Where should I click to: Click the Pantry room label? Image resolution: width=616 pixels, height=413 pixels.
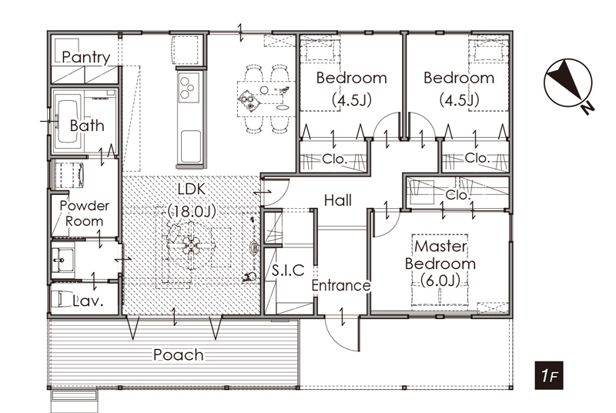point(86,57)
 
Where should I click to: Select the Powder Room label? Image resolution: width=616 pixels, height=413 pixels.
point(85,213)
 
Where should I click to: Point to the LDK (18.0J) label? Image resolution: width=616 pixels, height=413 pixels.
point(192,200)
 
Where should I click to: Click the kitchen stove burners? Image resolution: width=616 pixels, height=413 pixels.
point(189,88)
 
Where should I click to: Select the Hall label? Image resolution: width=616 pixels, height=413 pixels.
point(338,200)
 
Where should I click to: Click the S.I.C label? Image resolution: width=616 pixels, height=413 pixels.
point(288,270)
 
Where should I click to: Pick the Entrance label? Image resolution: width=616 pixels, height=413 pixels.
point(341,285)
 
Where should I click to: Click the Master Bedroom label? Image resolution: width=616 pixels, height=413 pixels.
point(440,264)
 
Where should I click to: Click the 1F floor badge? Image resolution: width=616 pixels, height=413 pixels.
point(549,375)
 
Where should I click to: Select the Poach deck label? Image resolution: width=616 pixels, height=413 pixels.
point(179,355)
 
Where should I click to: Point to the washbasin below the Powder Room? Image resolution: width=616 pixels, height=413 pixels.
point(63,260)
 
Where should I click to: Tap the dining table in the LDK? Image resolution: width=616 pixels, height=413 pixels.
point(265,98)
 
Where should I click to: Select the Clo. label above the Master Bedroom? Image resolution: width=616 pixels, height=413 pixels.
point(458,194)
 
